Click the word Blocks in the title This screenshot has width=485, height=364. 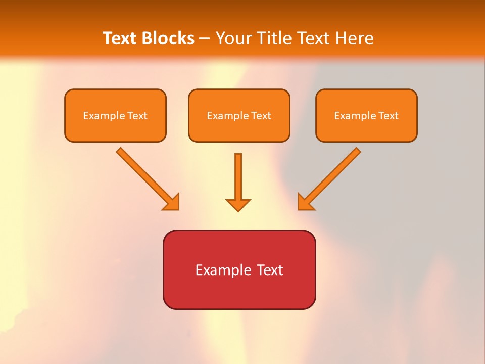(x=168, y=38)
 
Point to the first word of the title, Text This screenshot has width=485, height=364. (x=121, y=38)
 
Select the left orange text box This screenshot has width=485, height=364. (x=115, y=115)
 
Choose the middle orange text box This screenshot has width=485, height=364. (x=239, y=115)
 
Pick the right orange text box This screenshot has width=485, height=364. (x=366, y=115)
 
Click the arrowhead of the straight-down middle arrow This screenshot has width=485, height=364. (x=238, y=205)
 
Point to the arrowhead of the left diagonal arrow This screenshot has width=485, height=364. (x=172, y=202)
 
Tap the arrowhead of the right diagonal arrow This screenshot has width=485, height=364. (x=305, y=202)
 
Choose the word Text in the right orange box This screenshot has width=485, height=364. (x=389, y=116)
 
